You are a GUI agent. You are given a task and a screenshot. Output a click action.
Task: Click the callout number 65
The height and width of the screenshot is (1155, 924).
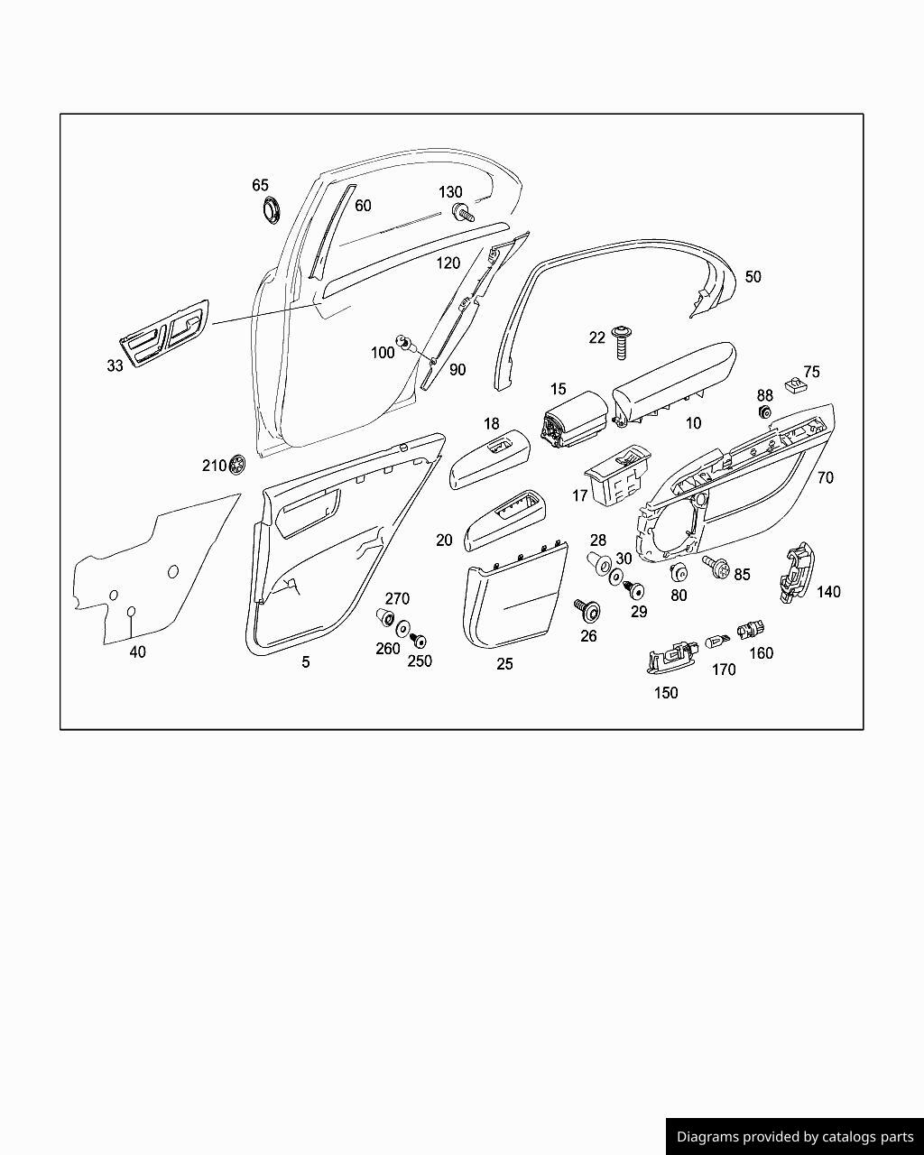[x=260, y=185]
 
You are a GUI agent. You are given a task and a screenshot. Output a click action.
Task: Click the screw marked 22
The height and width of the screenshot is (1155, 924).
[x=622, y=342]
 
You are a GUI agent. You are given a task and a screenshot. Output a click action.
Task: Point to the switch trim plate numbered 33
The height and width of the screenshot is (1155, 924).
[x=163, y=334]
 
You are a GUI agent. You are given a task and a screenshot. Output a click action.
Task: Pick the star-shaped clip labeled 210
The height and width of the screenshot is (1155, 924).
[x=236, y=464]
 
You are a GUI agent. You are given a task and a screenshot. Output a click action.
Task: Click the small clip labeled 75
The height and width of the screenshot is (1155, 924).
[x=793, y=384]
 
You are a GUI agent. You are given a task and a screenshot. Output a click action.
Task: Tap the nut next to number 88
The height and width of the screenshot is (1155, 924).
[x=763, y=413]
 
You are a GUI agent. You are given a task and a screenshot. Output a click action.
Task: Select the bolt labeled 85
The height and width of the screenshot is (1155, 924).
[x=716, y=567]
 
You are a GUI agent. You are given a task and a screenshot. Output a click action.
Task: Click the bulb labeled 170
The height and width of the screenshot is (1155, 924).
[x=717, y=641]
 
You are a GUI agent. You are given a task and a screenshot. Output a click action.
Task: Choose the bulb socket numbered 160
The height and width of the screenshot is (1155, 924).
[x=750, y=630]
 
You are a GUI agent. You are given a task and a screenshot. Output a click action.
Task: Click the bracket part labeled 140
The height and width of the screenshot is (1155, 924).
[x=797, y=574]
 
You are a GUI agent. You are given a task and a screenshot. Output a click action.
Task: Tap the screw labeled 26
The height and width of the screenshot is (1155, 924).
[x=587, y=611]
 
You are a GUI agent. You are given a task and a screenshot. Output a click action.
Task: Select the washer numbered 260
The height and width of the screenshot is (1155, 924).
[x=402, y=628]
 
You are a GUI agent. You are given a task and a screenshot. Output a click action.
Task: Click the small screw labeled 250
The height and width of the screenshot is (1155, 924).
[x=419, y=641]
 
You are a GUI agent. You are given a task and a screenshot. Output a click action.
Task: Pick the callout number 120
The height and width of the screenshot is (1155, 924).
[x=448, y=263]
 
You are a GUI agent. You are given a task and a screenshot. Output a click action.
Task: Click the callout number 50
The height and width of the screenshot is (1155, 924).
[x=753, y=277]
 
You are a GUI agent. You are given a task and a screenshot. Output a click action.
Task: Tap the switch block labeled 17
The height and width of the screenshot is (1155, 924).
[x=617, y=476]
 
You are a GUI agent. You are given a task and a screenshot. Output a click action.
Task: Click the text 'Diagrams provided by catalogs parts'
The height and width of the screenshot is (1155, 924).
[x=795, y=1137]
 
